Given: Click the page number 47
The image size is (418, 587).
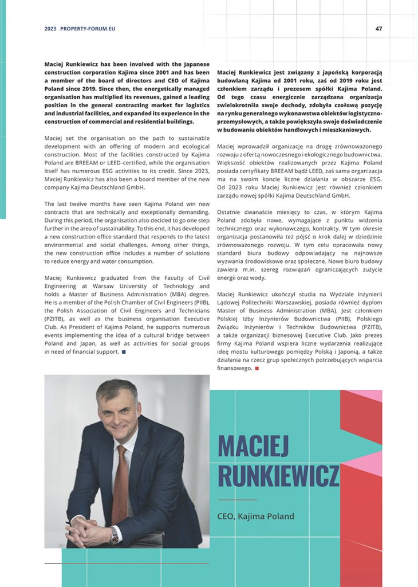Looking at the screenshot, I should click(378, 29).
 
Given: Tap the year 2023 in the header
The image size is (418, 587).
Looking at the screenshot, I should click(50, 29).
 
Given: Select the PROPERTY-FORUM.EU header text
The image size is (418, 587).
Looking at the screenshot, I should click(88, 29).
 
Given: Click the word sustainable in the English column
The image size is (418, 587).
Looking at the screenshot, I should click(190, 138).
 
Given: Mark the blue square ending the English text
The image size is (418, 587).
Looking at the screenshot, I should click(124, 352).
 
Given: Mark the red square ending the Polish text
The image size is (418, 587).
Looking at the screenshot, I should click(257, 368).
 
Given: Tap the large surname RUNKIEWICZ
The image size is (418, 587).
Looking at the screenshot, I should click(278, 476).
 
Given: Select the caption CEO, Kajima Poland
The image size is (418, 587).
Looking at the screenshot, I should click(255, 516).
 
